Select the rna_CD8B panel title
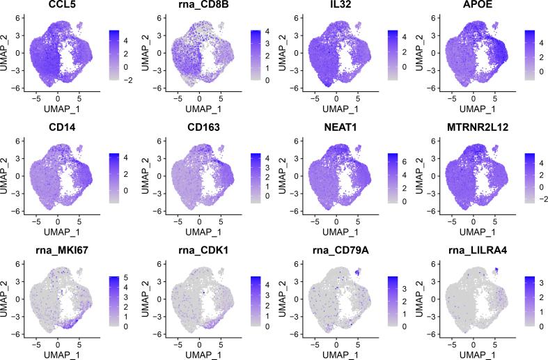click(197, 8)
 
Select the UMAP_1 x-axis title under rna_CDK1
click(197, 354)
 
